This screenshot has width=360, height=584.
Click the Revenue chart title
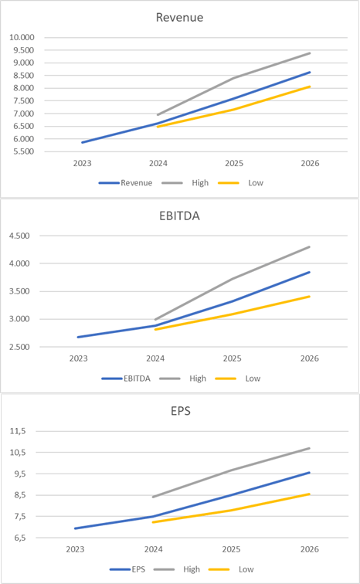180,17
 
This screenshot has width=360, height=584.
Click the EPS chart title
180,411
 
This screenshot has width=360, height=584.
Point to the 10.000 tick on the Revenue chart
22,37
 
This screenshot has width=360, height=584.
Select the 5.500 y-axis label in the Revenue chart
22,151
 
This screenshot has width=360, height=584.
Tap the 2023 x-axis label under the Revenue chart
81,164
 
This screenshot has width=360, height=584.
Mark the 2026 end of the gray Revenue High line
310,53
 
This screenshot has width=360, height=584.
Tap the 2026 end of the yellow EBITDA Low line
310,296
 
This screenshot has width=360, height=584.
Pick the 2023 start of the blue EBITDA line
78,337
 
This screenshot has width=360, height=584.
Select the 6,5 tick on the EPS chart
17,538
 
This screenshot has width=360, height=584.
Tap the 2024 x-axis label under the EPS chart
155,549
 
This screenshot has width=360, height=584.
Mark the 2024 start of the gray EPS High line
154,497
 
